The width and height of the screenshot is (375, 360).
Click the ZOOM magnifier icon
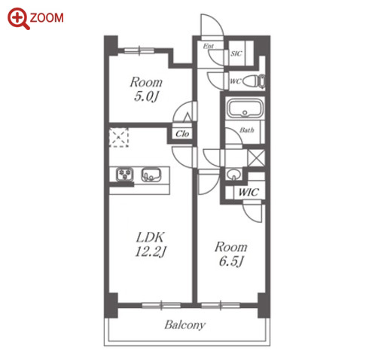point(18,18)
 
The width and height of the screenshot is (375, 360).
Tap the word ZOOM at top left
point(47,18)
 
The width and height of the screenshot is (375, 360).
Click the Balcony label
point(185,325)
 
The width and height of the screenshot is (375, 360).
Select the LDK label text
point(150,237)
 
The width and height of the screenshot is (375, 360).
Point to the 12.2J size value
point(150,252)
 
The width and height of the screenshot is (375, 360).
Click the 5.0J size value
point(146,96)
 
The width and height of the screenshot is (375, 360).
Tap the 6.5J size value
point(231,261)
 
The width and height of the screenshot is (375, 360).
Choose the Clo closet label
point(182,133)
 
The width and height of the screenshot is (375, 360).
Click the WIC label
point(248,193)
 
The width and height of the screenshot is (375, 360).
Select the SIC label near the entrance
point(236,53)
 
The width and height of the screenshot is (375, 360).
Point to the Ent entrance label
point(209,46)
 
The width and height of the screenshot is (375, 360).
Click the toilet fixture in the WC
point(254,81)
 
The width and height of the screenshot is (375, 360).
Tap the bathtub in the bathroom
point(245,108)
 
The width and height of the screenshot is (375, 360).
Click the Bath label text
point(247,130)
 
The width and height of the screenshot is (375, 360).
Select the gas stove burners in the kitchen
point(125,175)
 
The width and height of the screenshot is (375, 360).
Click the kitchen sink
point(151,175)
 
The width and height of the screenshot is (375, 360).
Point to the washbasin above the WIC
point(234,174)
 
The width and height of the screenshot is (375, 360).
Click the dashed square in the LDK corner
point(119,137)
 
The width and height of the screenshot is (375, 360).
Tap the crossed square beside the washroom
point(256,157)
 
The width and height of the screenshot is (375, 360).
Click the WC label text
point(236,81)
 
